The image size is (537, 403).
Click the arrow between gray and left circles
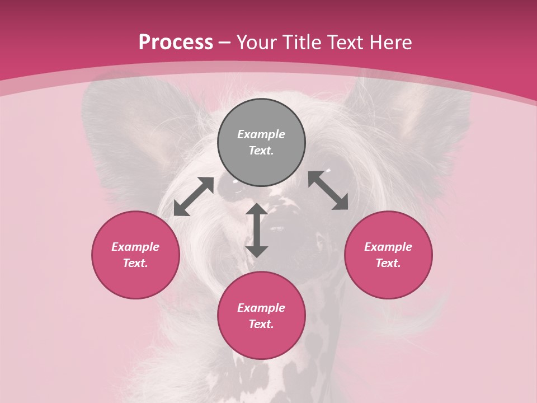[194, 196]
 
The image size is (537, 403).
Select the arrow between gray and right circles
[328, 190]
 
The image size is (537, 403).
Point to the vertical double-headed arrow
[257, 230]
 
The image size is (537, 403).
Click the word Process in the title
[176, 42]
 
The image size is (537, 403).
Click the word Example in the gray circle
[261, 134]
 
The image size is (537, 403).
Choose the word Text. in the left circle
[135, 263]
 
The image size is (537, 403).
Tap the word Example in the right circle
[388, 247]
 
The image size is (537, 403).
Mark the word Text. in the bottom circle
[261, 324]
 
